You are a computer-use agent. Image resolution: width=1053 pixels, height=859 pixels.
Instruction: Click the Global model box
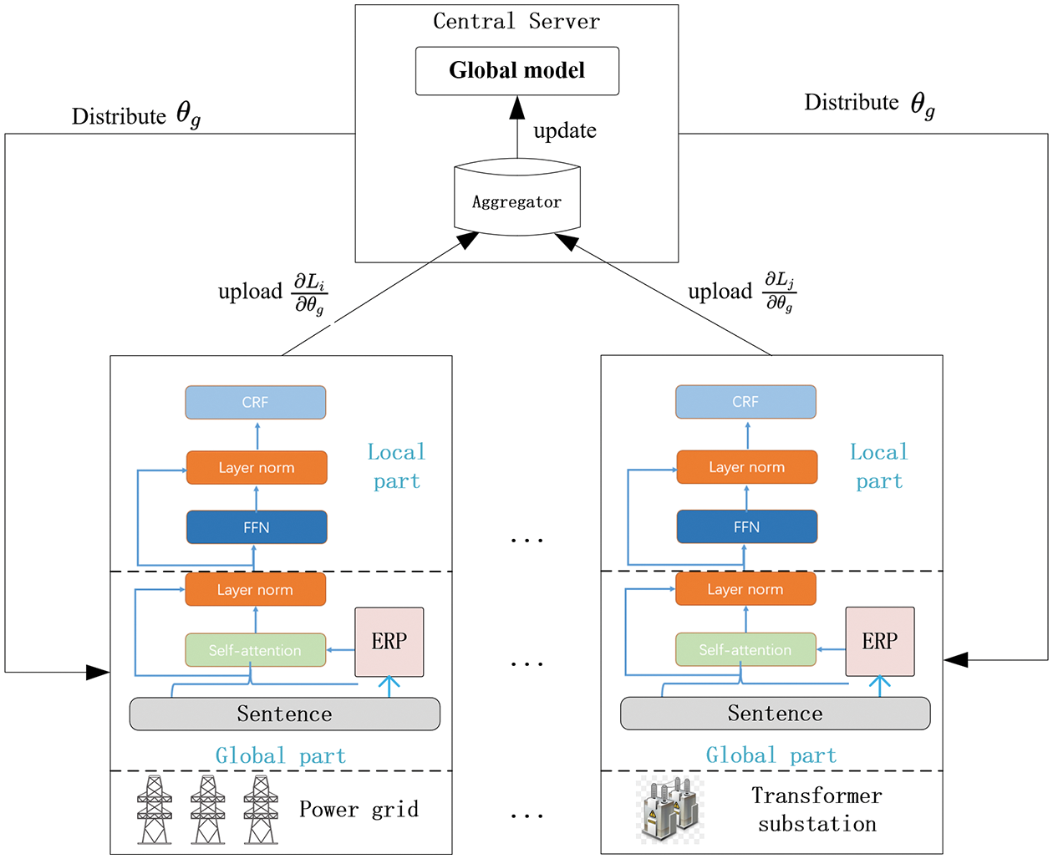click(517, 71)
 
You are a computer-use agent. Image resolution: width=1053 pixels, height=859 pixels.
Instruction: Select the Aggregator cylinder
click(517, 201)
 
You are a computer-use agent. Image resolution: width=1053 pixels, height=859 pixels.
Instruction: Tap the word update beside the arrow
click(565, 131)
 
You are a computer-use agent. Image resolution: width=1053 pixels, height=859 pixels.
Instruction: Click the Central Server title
click(516, 22)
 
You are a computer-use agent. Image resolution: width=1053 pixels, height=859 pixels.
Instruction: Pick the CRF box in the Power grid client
click(256, 402)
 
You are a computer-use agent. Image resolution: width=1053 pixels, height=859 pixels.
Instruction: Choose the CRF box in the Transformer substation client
click(745, 402)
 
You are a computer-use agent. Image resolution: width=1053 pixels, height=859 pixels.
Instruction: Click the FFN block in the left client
click(257, 527)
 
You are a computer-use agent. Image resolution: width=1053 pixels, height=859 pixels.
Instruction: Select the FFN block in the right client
click(746, 527)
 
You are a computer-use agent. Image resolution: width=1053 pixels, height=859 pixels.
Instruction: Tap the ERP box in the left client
click(389, 642)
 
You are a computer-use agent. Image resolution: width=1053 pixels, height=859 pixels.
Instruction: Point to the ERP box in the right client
click(880, 642)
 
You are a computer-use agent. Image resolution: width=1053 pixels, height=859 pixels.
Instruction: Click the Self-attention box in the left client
click(255, 650)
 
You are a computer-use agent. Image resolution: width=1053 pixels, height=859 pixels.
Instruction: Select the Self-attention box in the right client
click(745, 649)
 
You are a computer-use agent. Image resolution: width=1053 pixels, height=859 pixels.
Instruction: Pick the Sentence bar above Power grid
click(285, 714)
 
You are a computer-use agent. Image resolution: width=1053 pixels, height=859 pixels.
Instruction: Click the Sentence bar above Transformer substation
click(775, 714)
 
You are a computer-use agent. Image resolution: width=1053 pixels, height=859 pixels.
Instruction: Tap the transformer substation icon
click(670, 809)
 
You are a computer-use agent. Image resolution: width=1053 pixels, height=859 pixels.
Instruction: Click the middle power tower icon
click(207, 809)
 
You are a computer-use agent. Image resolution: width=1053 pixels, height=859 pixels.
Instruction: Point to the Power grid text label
click(359, 809)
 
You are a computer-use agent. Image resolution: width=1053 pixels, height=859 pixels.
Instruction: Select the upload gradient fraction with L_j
click(780, 292)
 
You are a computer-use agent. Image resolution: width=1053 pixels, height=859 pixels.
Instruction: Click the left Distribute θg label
click(136, 115)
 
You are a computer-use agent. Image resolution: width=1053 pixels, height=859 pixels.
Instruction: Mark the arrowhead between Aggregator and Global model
click(517, 108)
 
